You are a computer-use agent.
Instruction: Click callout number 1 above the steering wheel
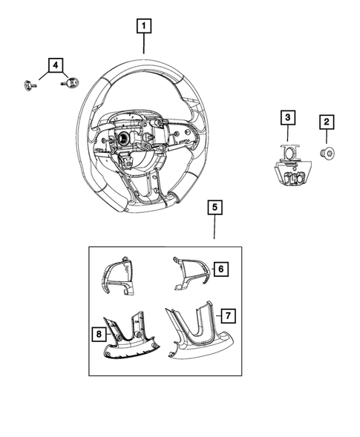pyautogui.click(x=144, y=27)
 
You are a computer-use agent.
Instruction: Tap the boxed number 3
pyautogui.click(x=287, y=117)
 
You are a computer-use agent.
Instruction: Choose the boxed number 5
pyautogui.click(x=213, y=208)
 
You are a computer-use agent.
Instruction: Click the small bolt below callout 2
pyautogui.click(x=327, y=154)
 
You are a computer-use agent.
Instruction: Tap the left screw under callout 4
pyautogui.click(x=27, y=84)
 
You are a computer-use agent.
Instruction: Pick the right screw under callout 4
pyautogui.click(x=72, y=83)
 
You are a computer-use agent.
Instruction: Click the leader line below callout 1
pyautogui.click(x=144, y=46)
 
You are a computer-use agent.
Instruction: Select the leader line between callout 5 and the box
pyautogui.click(x=213, y=229)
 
